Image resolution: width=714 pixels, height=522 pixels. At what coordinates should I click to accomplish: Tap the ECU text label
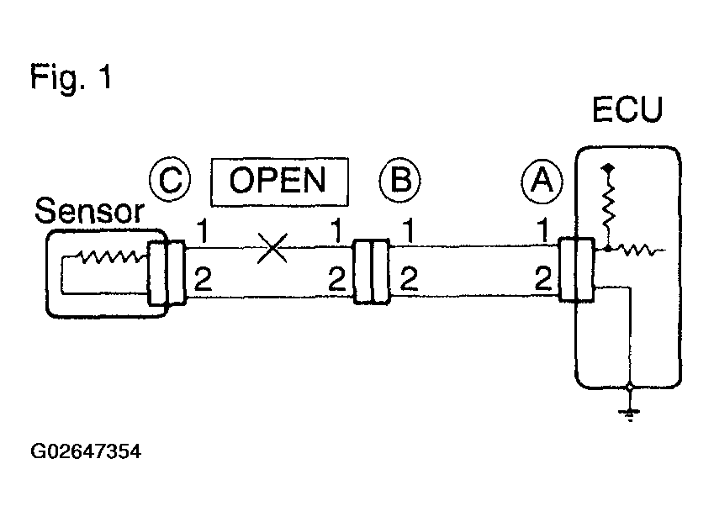[627, 109]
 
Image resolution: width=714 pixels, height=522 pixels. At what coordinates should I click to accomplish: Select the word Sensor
[89, 211]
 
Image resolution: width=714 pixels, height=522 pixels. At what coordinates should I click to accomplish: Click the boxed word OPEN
[279, 182]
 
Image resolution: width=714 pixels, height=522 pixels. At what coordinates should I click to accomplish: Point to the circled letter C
[170, 180]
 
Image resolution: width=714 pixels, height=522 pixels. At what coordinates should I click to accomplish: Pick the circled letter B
[399, 180]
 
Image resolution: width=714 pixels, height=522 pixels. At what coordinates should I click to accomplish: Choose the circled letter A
[542, 181]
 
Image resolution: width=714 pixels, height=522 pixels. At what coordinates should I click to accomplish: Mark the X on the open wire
[272, 248]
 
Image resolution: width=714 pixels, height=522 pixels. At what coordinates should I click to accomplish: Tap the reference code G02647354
[86, 451]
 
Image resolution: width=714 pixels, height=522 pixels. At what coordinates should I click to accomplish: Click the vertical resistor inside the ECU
[608, 207]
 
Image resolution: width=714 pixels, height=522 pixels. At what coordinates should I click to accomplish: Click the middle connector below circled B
[372, 272]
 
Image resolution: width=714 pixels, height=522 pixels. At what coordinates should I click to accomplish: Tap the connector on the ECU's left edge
[576, 270]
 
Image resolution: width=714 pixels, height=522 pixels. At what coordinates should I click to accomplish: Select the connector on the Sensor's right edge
[167, 272]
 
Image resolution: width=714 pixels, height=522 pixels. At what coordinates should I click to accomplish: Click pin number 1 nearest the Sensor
[202, 231]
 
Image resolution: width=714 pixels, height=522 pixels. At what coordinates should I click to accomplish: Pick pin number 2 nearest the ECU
[542, 278]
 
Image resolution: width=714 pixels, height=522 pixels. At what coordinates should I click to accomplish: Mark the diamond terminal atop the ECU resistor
[608, 168]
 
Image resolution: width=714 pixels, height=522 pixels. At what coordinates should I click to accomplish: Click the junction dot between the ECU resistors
[608, 249]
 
